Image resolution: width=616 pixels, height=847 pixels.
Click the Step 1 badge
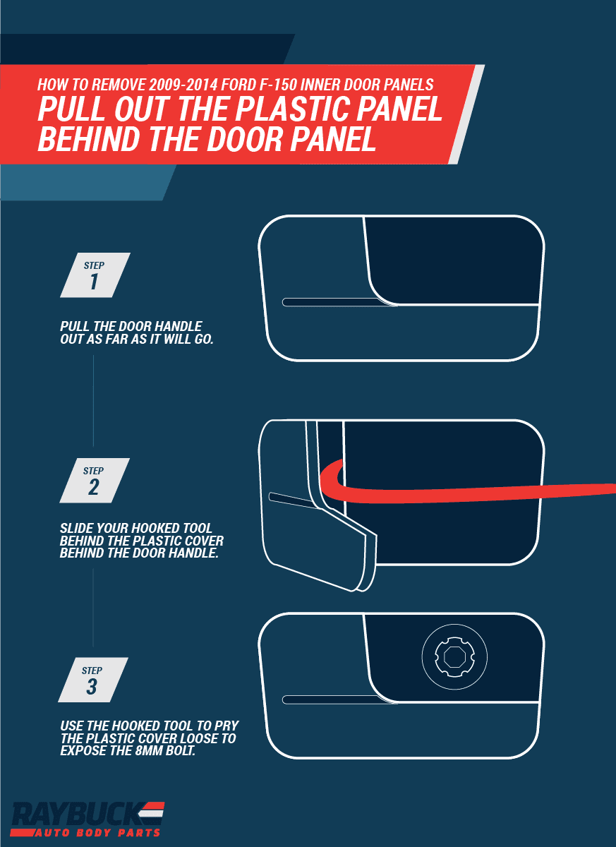coord(95,275)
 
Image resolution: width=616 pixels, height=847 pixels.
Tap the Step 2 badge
coord(95,480)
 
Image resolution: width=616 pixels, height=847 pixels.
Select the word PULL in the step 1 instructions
coord(74,326)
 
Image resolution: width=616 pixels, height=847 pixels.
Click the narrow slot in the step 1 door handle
coord(339,302)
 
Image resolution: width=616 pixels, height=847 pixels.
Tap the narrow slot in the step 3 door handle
coord(339,699)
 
